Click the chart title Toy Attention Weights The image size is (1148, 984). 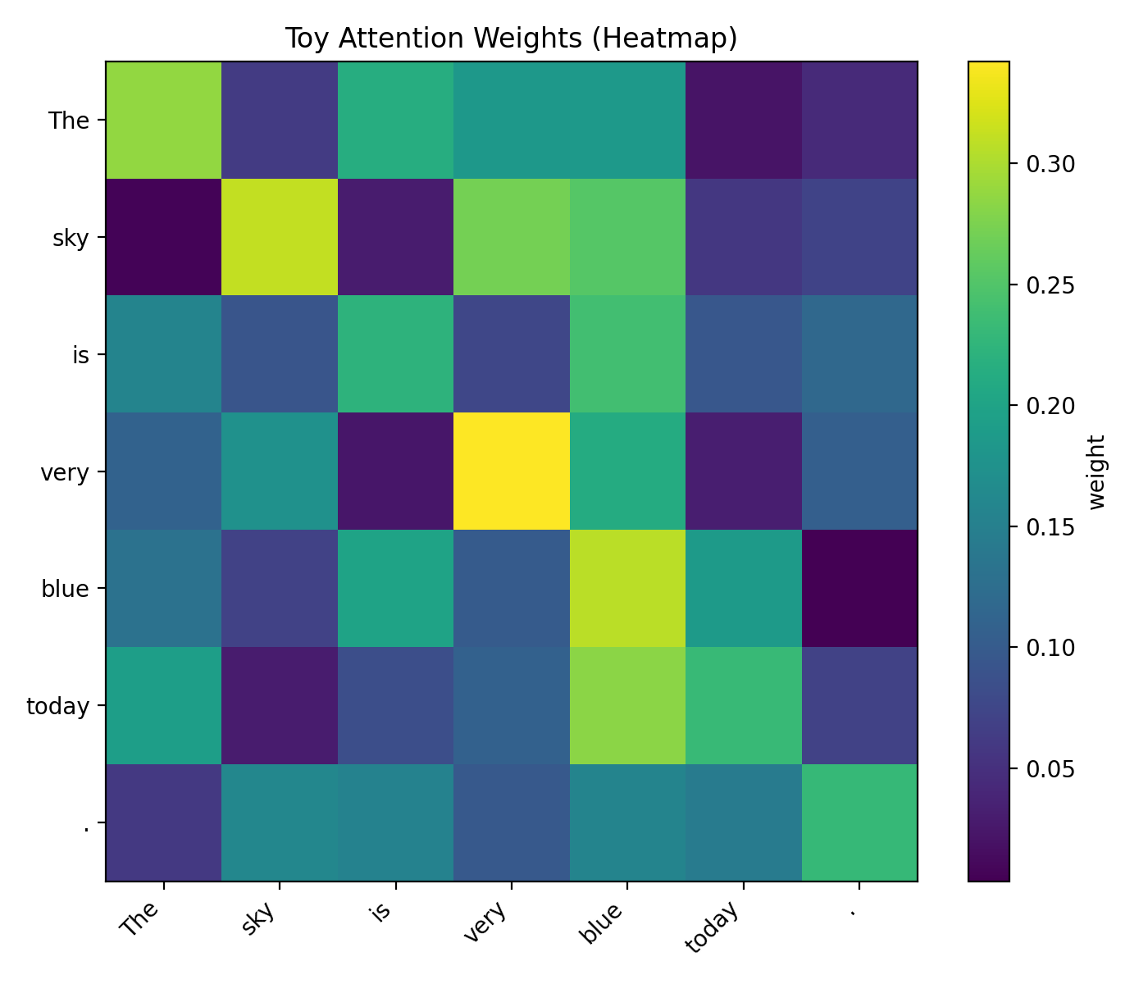click(x=511, y=39)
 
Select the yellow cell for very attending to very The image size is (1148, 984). click(x=512, y=471)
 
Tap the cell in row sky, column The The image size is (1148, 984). click(x=164, y=237)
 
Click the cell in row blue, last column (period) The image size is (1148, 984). click(x=859, y=588)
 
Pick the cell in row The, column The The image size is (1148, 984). click(x=164, y=120)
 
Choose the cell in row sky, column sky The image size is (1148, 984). click(x=280, y=237)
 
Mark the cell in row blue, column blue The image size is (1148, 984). click(x=627, y=588)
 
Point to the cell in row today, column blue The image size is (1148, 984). click(x=627, y=705)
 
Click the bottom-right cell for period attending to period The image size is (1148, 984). click(x=859, y=822)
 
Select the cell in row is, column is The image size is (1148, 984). click(x=396, y=354)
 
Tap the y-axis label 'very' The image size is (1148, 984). click(x=65, y=472)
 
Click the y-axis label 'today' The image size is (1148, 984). click(x=57, y=706)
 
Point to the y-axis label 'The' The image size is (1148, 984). click(x=69, y=121)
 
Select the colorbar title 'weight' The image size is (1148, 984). click(x=1097, y=471)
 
